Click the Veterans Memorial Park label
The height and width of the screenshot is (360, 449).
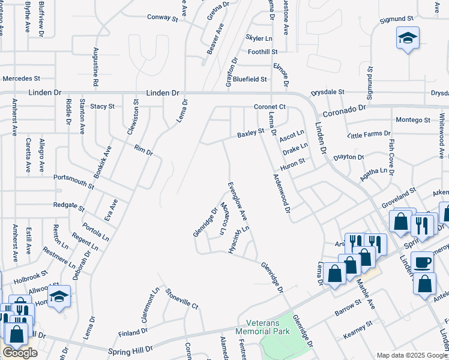pyautogui.click(x=262, y=327)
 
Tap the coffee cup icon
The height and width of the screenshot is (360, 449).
pyautogui.click(x=421, y=262)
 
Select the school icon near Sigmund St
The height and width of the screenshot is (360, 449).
pyautogui.click(x=407, y=39)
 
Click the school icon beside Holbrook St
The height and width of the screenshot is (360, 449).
pyautogui.click(x=59, y=296)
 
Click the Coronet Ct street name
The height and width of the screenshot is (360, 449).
pyautogui.click(x=268, y=107)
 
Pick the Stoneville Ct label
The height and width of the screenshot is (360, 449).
pyautogui.click(x=181, y=301)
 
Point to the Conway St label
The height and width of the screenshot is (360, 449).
pyautogui.click(x=163, y=17)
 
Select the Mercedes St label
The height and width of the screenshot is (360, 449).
pyautogui.click(x=21, y=79)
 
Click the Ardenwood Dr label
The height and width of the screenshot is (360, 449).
pyautogui.click(x=282, y=194)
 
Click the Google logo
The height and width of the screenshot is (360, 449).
pyautogui.click(x=20, y=353)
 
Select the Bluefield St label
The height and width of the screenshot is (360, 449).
pyautogui.click(x=250, y=79)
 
